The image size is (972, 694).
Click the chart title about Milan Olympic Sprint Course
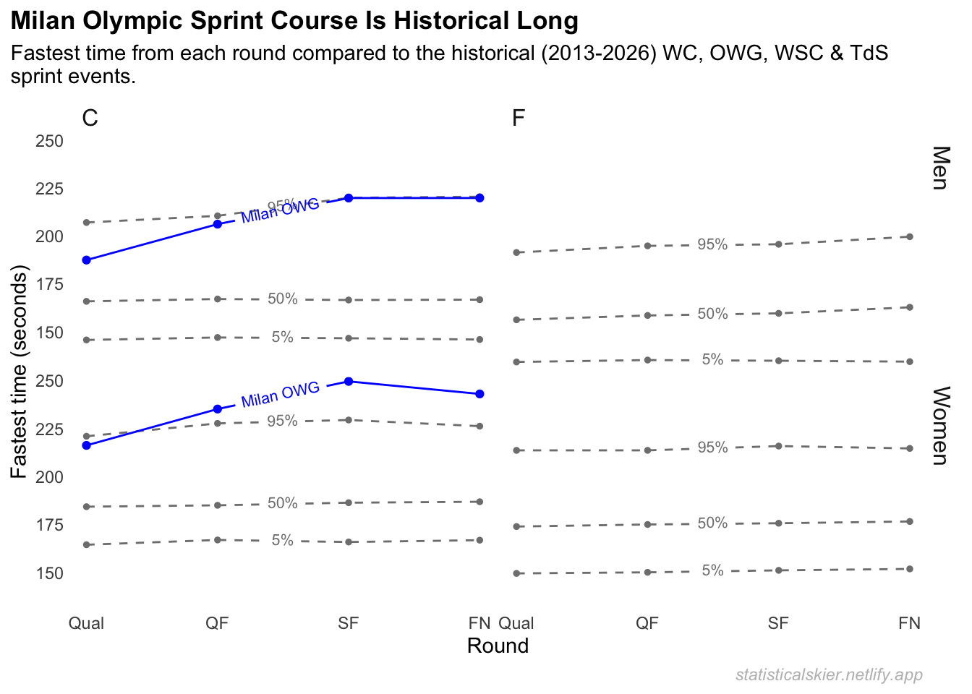[294, 21]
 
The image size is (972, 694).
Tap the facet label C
[90, 118]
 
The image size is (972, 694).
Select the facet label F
[518, 118]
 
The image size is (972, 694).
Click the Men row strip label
[940, 168]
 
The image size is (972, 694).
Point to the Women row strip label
[940, 426]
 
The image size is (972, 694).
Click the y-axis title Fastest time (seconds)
[20, 372]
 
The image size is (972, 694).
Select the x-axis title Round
[498, 646]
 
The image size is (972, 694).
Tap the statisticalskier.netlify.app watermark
[829, 674]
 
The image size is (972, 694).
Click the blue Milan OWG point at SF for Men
[349, 198]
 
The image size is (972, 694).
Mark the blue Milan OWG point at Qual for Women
[87, 445]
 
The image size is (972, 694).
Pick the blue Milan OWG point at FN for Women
[480, 394]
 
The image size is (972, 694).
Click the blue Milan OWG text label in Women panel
[281, 395]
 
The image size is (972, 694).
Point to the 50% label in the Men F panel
[712, 314]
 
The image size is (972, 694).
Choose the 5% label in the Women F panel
[712, 570]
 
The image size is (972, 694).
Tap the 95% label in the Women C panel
[282, 421]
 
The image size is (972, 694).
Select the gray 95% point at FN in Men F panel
[910, 236]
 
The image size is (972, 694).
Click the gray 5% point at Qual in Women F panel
[516, 573]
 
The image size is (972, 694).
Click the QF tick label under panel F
[647, 623]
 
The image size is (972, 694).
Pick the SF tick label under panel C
[349, 623]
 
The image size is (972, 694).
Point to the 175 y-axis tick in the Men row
[50, 285]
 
